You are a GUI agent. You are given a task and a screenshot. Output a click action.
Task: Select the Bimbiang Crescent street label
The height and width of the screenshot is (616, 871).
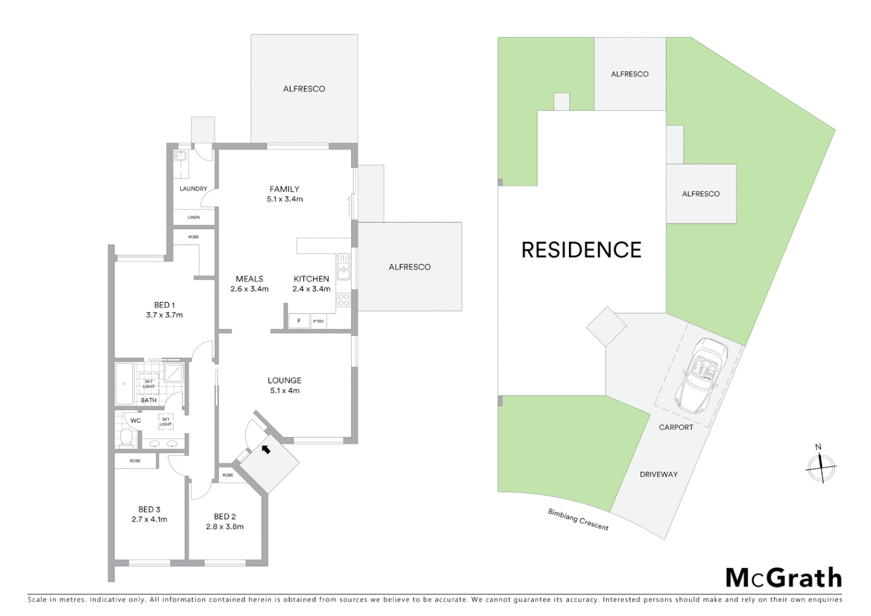(x=578, y=519)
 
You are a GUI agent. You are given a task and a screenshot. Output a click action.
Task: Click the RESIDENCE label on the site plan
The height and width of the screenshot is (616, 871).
(x=581, y=250)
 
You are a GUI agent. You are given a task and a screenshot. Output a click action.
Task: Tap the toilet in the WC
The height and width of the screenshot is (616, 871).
(x=126, y=438)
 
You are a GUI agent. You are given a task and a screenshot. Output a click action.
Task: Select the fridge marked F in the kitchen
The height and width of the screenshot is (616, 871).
(x=299, y=321)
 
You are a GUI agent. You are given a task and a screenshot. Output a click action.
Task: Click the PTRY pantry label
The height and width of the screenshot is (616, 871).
(x=318, y=322)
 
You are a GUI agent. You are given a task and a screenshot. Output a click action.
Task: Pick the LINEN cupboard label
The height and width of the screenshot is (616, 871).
(x=194, y=217)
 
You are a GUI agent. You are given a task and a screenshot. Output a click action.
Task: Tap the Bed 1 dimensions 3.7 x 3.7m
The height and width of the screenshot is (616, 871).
(x=164, y=315)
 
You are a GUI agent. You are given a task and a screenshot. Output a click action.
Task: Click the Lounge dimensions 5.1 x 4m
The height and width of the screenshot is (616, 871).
(x=284, y=391)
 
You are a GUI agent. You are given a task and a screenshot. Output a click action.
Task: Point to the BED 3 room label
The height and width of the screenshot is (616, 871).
(x=149, y=509)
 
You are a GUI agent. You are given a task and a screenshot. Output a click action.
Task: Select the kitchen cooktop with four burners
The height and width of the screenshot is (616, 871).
(x=343, y=299)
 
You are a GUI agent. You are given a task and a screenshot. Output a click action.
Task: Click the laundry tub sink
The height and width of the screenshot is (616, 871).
(x=182, y=156)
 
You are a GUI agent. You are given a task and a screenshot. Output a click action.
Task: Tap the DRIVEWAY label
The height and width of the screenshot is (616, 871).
(x=658, y=474)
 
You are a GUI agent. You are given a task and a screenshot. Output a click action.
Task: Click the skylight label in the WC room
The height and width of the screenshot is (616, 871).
(x=165, y=422)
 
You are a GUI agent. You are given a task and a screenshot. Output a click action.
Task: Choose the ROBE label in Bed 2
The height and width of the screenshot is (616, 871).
(x=227, y=475)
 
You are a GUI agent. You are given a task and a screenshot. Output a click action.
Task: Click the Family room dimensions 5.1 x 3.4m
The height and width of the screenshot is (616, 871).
(x=284, y=199)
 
